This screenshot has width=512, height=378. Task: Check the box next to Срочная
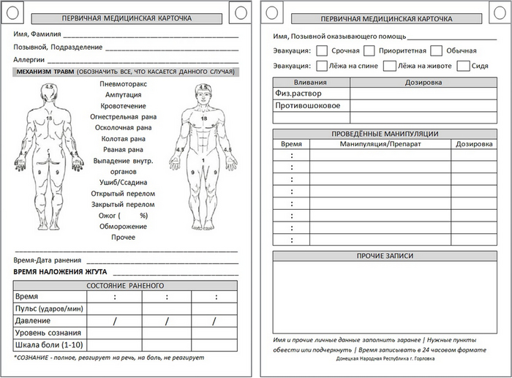[321, 51]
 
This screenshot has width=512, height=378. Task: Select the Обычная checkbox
[436, 51]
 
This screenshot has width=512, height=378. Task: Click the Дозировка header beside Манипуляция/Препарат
[473, 145]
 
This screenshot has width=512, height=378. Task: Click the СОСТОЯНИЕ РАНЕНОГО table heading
[125, 285]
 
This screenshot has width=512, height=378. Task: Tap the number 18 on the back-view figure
[49, 118]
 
